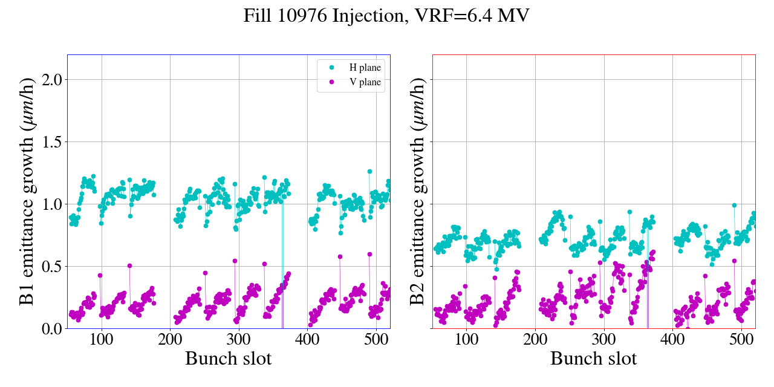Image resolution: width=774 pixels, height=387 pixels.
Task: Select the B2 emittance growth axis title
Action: point(417,191)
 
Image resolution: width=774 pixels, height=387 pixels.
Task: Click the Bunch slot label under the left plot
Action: point(229,359)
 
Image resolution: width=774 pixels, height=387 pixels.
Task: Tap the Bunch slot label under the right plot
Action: point(594,359)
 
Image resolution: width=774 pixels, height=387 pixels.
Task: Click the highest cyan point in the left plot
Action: point(369,171)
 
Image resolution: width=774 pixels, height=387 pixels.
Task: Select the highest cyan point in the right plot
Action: point(735,205)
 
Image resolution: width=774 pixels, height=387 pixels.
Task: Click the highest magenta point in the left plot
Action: point(369,254)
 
